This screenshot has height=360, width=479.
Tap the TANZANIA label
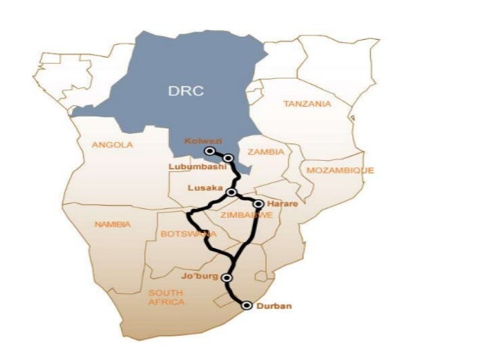tap(306, 104)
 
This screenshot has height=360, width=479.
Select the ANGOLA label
tap(112, 145)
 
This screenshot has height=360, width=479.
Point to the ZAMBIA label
tap(266, 152)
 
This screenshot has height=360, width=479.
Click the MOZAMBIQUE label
tap(340, 171)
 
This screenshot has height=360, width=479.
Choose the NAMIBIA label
tap(113, 224)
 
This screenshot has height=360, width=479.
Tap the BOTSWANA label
tap(188, 234)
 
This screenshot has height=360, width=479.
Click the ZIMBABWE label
tap(246, 215)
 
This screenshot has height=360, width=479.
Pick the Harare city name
tap(280, 203)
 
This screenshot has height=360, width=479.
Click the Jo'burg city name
tap(198, 277)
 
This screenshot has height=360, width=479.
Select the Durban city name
tap(273, 306)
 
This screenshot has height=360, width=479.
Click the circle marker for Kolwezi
tap(211, 151)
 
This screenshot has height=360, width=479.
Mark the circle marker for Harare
tap(258, 204)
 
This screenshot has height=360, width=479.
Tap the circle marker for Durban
tap(246, 305)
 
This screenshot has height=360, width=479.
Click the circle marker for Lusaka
tap(232, 192)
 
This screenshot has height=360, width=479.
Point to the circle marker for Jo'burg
tap(227, 277)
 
